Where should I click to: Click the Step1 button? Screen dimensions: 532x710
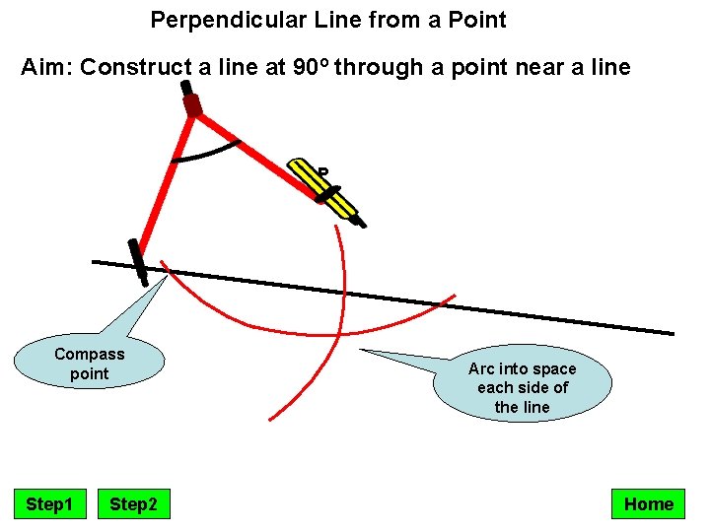click(x=49, y=504)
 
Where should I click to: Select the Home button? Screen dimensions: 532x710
click(x=648, y=504)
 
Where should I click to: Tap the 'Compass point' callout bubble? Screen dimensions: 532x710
click(x=90, y=364)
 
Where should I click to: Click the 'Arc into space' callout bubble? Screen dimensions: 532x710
click(x=522, y=387)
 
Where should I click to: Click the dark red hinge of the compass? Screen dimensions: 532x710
click(x=193, y=104)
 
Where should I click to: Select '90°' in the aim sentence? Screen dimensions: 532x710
click(x=313, y=68)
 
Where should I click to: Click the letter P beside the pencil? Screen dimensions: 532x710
click(x=322, y=174)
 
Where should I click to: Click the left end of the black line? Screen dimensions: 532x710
click(x=96, y=262)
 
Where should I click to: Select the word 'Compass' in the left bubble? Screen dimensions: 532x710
click(x=90, y=354)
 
